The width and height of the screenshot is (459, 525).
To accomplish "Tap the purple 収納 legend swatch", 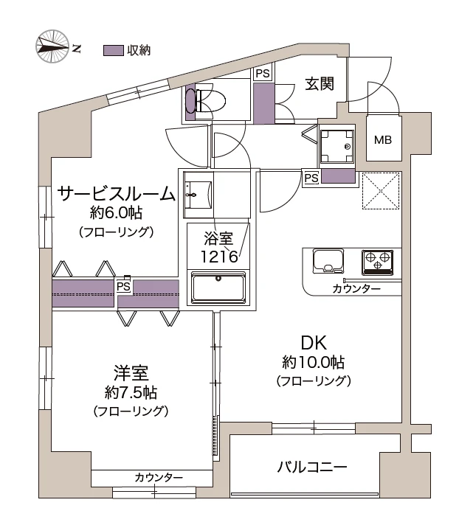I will [x=113, y=50].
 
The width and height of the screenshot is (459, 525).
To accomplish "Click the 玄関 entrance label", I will [x=320, y=84].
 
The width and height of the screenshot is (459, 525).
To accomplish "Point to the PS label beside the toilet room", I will [x=262, y=74].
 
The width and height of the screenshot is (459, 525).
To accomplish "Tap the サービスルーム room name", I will [x=116, y=194].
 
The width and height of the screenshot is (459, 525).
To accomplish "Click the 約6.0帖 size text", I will [x=116, y=214].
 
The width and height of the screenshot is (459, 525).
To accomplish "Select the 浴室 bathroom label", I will [x=218, y=239].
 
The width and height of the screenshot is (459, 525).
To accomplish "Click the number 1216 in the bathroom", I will [x=218, y=257].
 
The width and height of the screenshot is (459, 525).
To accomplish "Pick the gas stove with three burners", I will [x=376, y=261].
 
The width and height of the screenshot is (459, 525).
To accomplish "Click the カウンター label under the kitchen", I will [x=356, y=288].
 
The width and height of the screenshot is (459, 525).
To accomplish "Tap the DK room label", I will [x=313, y=342].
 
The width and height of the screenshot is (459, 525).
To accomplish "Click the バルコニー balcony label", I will [x=312, y=467].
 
